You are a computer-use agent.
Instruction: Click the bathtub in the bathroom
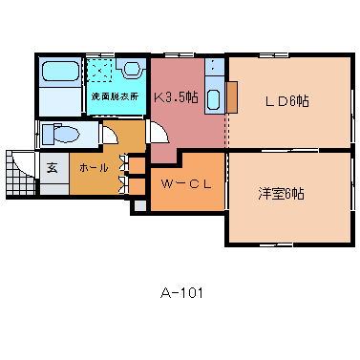(x=60, y=72)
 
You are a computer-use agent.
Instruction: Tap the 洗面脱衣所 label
(x=115, y=96)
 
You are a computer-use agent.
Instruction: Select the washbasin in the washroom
(x=130, y=68)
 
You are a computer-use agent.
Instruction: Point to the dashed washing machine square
(x=99, y=70)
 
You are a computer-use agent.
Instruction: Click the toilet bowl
(x=60, y=134)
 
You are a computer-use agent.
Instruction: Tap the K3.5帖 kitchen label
(x=176, y=97)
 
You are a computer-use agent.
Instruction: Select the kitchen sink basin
(x=213, y=100)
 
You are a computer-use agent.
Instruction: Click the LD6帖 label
(x=287, y=101)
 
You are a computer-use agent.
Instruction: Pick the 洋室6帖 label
(x=281, y=193)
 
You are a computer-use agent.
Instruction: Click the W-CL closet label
(x=186, y=184)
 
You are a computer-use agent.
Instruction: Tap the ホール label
(x=94, y=167)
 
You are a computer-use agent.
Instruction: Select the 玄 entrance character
(x=52, y=168)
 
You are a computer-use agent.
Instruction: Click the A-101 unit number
(x=181, y=293)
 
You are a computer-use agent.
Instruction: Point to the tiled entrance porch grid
(x=20, y=174)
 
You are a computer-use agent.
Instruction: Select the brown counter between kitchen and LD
(x=232, y=97)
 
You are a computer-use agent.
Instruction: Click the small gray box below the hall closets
(x=139, y=205)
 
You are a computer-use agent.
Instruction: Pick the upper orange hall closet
(x=138, y=165)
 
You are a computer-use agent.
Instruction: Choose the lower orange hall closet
(x=138, y=186)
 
